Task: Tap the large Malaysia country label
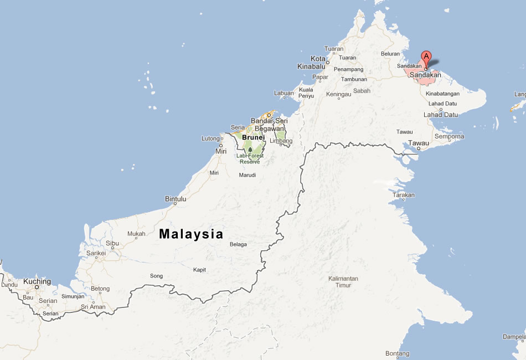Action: pos(191,234)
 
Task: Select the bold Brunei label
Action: pos(254,137)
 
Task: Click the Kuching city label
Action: pos(37,281)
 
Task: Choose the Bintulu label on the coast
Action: pos(176,199)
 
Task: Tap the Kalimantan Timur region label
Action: pos(343,282)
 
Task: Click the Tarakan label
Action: pos(404,196)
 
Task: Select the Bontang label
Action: pos(397,353)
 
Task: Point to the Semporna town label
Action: pos(450,136)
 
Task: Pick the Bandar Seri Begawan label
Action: pos(270,125)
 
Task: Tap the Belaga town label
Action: pos(238,244)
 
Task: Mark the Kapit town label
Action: pos(199,270)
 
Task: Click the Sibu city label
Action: pos(112,243)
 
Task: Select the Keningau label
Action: pos(339,95)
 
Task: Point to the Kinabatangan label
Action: pos(443,94)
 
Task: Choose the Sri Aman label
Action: pos(93,307)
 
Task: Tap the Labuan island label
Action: pos(284,93)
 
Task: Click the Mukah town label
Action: pos(136,234)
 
